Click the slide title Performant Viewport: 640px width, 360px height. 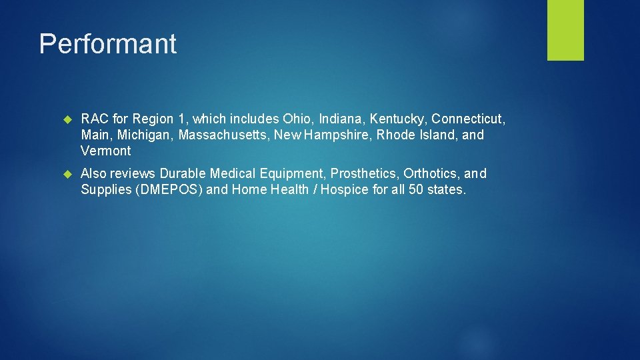pyautogui.click(x=108, y=44)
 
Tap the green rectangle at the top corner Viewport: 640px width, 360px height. pyautogui.click(x=565, y=29)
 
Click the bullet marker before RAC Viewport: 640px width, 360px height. pyautogui.click(x=67, y=119)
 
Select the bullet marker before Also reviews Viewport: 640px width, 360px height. pyautogui.click(x=67, y=174)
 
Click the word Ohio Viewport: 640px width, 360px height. pyautogui.click(x=296, y=119)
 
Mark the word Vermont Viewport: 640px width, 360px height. pyautogui.click(x=106, y=151)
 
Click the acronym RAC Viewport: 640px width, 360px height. pyautogui.click(x=94, y=119)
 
